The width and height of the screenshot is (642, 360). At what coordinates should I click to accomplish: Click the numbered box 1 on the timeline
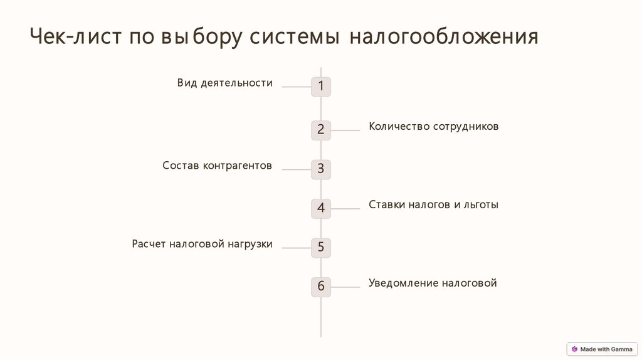click(x=321, y=87)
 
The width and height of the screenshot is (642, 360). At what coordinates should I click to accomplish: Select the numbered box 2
click(x=321, y=130)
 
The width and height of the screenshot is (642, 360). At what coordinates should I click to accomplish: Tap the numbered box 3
click(x=321, y=169)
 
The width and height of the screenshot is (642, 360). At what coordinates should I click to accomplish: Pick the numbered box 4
click(x=321, y=208)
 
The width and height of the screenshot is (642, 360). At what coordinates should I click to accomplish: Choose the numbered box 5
click(x=321, y=247)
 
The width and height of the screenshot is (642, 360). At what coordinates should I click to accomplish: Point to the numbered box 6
click(x=321, y=287)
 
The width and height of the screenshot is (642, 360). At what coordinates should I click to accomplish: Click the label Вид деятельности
click(x=224, y=83)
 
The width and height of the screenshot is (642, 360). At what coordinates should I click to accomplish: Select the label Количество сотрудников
click(x=433, y=126)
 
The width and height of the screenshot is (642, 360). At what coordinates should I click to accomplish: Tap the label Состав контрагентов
click(x=217, y=166)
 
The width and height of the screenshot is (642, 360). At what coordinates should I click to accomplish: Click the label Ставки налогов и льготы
click(x=433, y=204)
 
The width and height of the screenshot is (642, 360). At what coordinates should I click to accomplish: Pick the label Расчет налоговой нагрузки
click(x=202, y=244)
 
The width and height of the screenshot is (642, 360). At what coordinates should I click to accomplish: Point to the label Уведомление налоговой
click(x=433, y=283)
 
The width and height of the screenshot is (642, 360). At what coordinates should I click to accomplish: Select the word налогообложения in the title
click(x=443, y=37)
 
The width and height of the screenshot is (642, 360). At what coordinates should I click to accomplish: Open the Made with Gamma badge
click(x=602, y=349)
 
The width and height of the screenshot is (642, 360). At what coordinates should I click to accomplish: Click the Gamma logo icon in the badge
click(x=574, y=349)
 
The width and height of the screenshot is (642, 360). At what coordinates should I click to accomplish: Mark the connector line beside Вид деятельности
click(x=297, y=87)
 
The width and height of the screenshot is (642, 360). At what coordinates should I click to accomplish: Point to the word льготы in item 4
click(x=481, y=204)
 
